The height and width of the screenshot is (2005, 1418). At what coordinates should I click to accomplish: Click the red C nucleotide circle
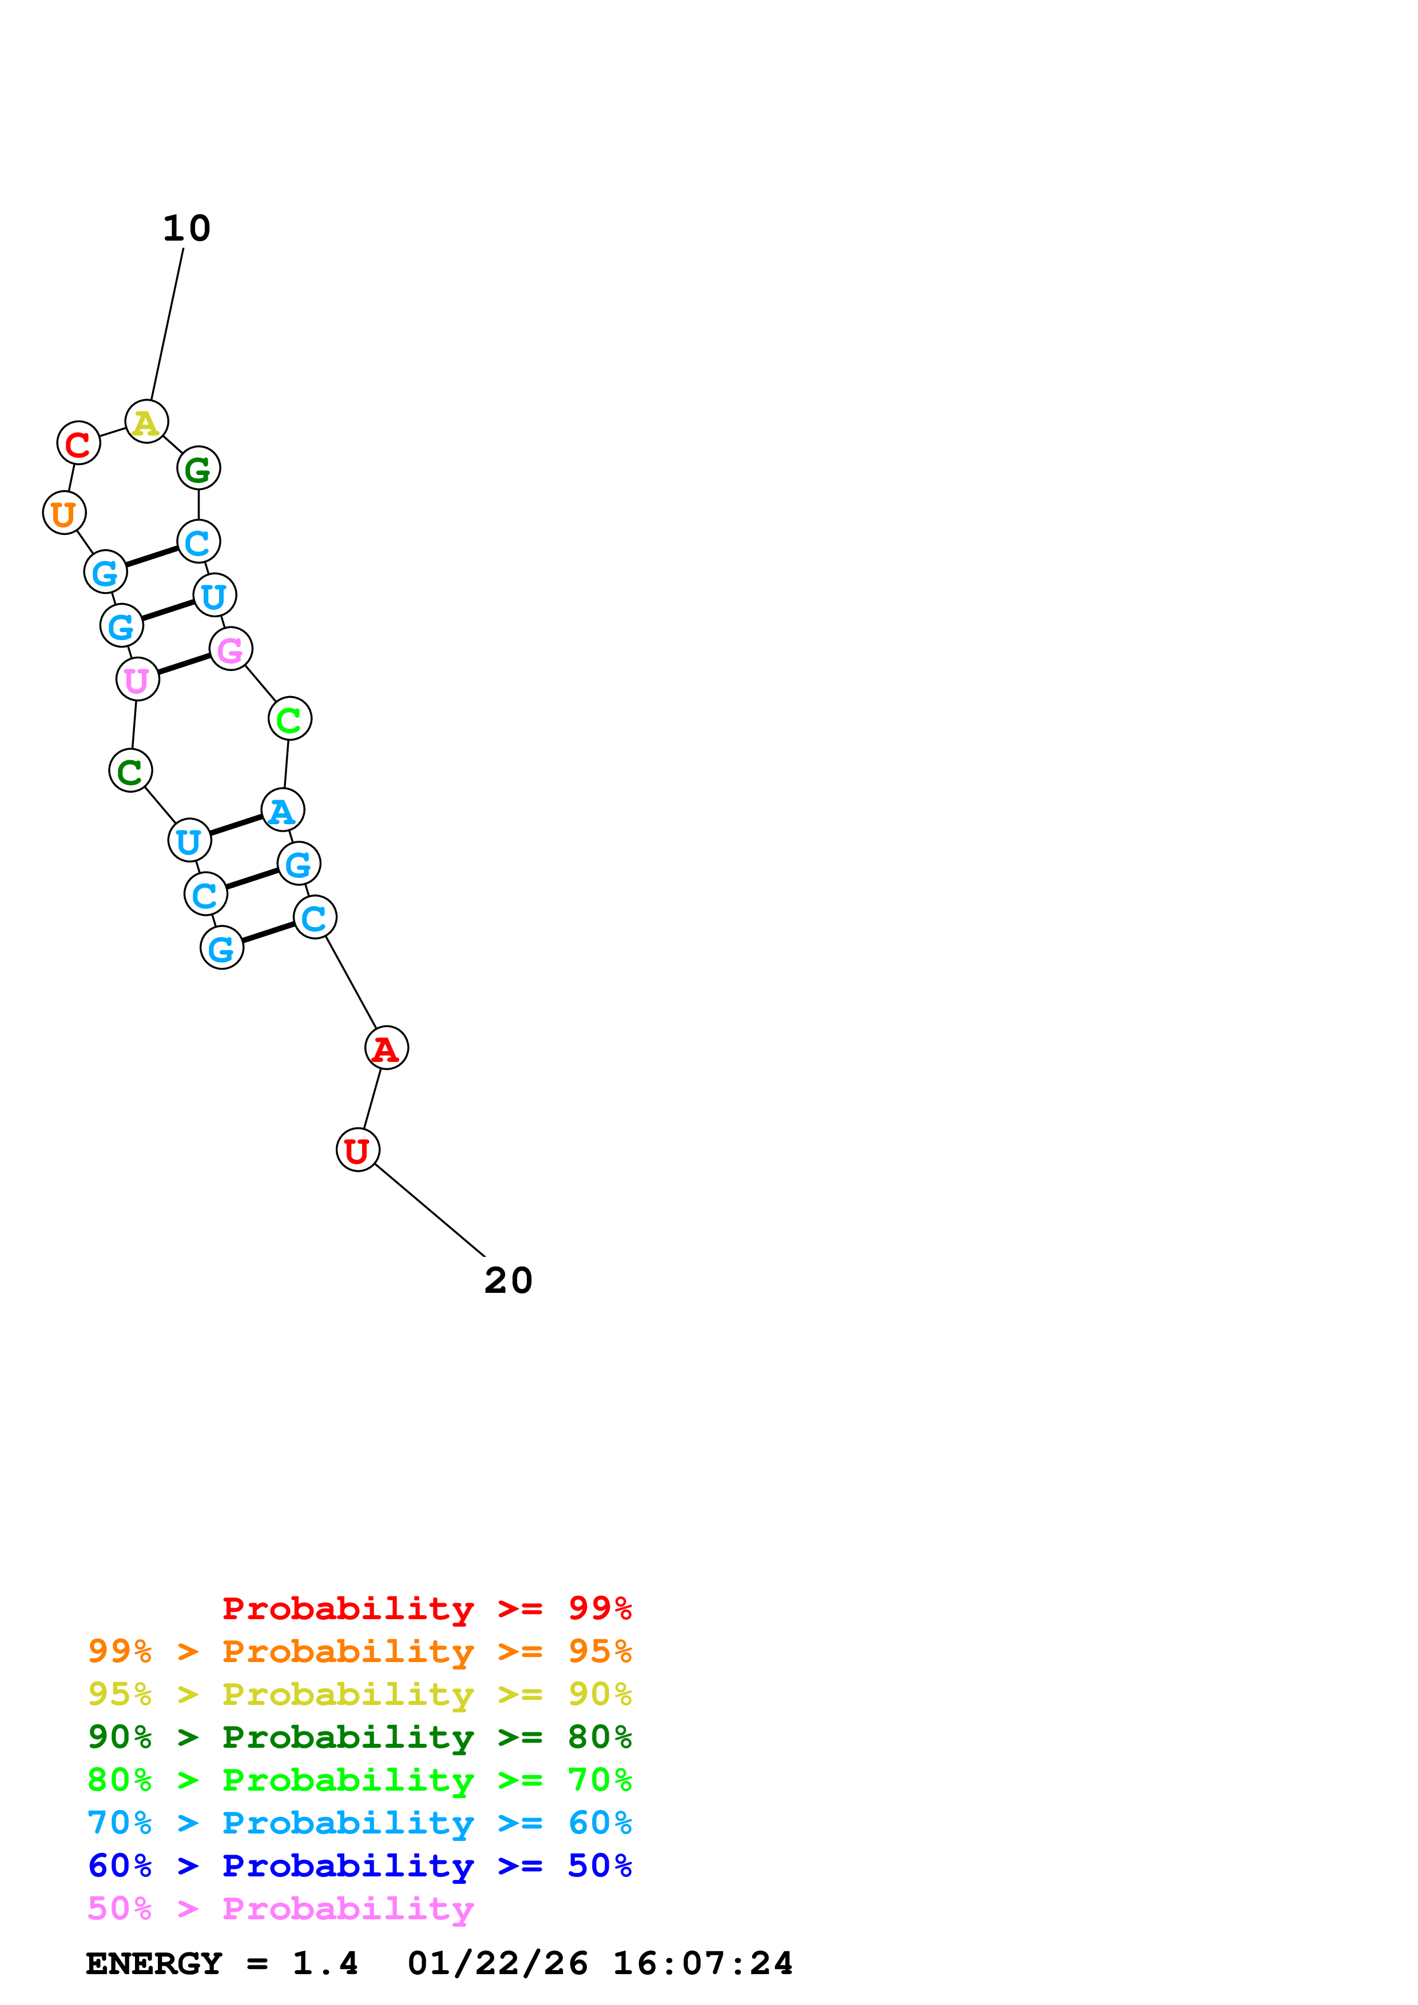coord(78,444)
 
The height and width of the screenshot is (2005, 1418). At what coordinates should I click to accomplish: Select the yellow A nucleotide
coord(146,422)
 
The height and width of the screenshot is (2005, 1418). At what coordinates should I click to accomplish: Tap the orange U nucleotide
coord(64,513)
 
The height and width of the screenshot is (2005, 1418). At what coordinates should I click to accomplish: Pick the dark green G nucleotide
coord(198,469)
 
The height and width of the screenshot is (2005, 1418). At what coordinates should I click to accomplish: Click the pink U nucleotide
coord(137,680)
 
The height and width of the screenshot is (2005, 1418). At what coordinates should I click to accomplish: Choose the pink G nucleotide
coord(231,649)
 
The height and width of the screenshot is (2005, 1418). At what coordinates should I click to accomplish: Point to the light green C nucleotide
coord(289,718)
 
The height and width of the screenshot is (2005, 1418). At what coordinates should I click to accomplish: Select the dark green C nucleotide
coord(130,770)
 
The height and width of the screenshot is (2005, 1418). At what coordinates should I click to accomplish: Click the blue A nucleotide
coord(282,810)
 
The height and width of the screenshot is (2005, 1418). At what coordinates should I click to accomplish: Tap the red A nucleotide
coord(386,1048)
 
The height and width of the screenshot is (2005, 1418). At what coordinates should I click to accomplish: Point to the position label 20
coord(507,1281)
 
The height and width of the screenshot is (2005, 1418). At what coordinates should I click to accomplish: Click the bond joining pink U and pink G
coord(184,665)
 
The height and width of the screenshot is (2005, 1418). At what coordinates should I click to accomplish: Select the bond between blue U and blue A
coord(236,825)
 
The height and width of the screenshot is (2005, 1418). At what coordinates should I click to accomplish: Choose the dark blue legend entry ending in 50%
coord(359,1866)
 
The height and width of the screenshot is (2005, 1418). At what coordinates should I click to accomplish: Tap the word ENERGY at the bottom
coord(154,1964)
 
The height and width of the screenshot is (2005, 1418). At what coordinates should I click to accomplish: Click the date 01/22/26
coord(497,1964)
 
